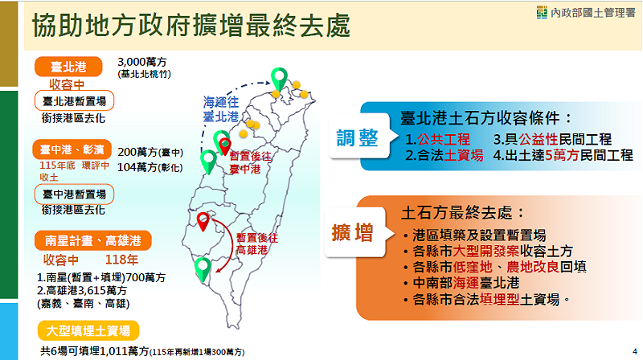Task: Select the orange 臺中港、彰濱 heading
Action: [75, 150]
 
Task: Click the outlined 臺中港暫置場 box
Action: [75, 194]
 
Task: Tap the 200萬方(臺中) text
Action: [150, 151]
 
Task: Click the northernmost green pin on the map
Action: [280, 79]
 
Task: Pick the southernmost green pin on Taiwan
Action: [203, 267]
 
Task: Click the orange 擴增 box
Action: [352, 234]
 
